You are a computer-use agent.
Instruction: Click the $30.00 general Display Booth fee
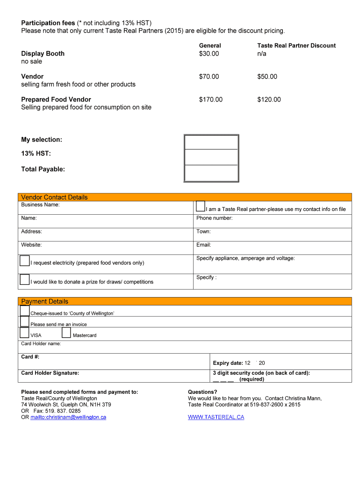point(209,54)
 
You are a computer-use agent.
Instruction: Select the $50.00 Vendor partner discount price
point(267,77)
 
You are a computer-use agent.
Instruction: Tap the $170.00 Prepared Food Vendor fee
point(210,100)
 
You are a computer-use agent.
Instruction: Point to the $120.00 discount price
point(269,100)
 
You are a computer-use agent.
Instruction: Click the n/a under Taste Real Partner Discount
point(261,54)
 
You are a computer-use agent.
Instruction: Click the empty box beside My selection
point(211,142)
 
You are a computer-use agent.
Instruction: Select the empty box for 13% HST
point(211,157)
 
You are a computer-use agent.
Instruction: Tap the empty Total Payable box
point(211,173)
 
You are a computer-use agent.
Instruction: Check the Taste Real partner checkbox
point(201,206)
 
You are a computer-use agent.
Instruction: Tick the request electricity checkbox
point(25,261)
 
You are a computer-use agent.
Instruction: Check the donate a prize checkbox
point(25,280)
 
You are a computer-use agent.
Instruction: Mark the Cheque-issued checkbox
point(25,311)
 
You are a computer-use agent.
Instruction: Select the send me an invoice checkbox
point(25,321)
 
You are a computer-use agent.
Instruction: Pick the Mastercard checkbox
point(66,333)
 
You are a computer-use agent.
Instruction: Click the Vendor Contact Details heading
point(54,197)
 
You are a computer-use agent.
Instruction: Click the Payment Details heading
point(44,301)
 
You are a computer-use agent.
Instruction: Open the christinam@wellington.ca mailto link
point(68,417)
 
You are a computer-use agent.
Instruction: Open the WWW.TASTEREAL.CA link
point(216,417)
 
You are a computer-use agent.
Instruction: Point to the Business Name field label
point(40,205)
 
